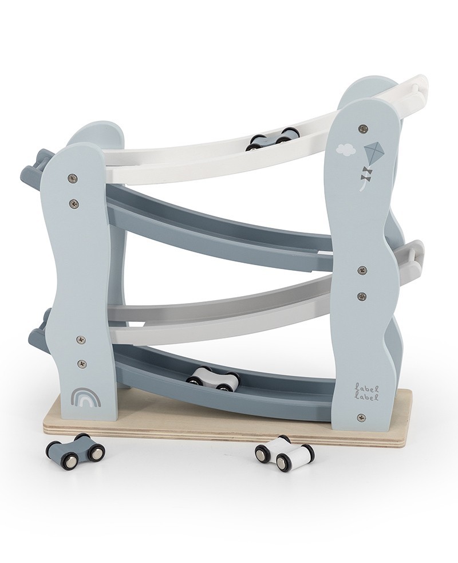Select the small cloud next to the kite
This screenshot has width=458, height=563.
click(346, 150)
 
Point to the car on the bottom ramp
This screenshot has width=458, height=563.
click(212, 379)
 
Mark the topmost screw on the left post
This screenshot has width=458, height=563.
click(72, 178)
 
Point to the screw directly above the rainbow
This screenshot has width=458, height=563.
click(81, 363)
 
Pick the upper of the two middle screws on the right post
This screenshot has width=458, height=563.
click(361, 270)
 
